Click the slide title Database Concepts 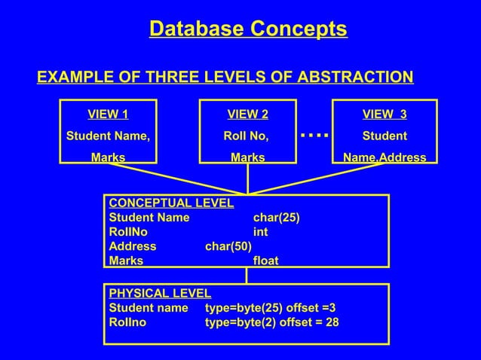tap(248, 29)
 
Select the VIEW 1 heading tap(108, 114)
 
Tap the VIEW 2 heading tap(247, 114)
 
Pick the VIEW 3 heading tap(384, 114)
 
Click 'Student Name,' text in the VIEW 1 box tap(108, 136)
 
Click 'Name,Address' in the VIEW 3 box tap(384, 158)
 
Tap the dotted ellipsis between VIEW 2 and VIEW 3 tap(314, 136)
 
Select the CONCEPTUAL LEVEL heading tap(171, 203)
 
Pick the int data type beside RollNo tap(260, 232)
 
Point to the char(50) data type tap(228, 246)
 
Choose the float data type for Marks tap(265, 261)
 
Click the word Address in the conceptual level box tap(133, 246)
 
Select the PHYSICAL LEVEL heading tap(160, 293)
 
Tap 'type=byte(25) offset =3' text tap(271, 307)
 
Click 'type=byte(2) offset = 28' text tap(272, 322)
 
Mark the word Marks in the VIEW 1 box tap(108, 158)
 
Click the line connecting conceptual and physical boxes tap(247, 276)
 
